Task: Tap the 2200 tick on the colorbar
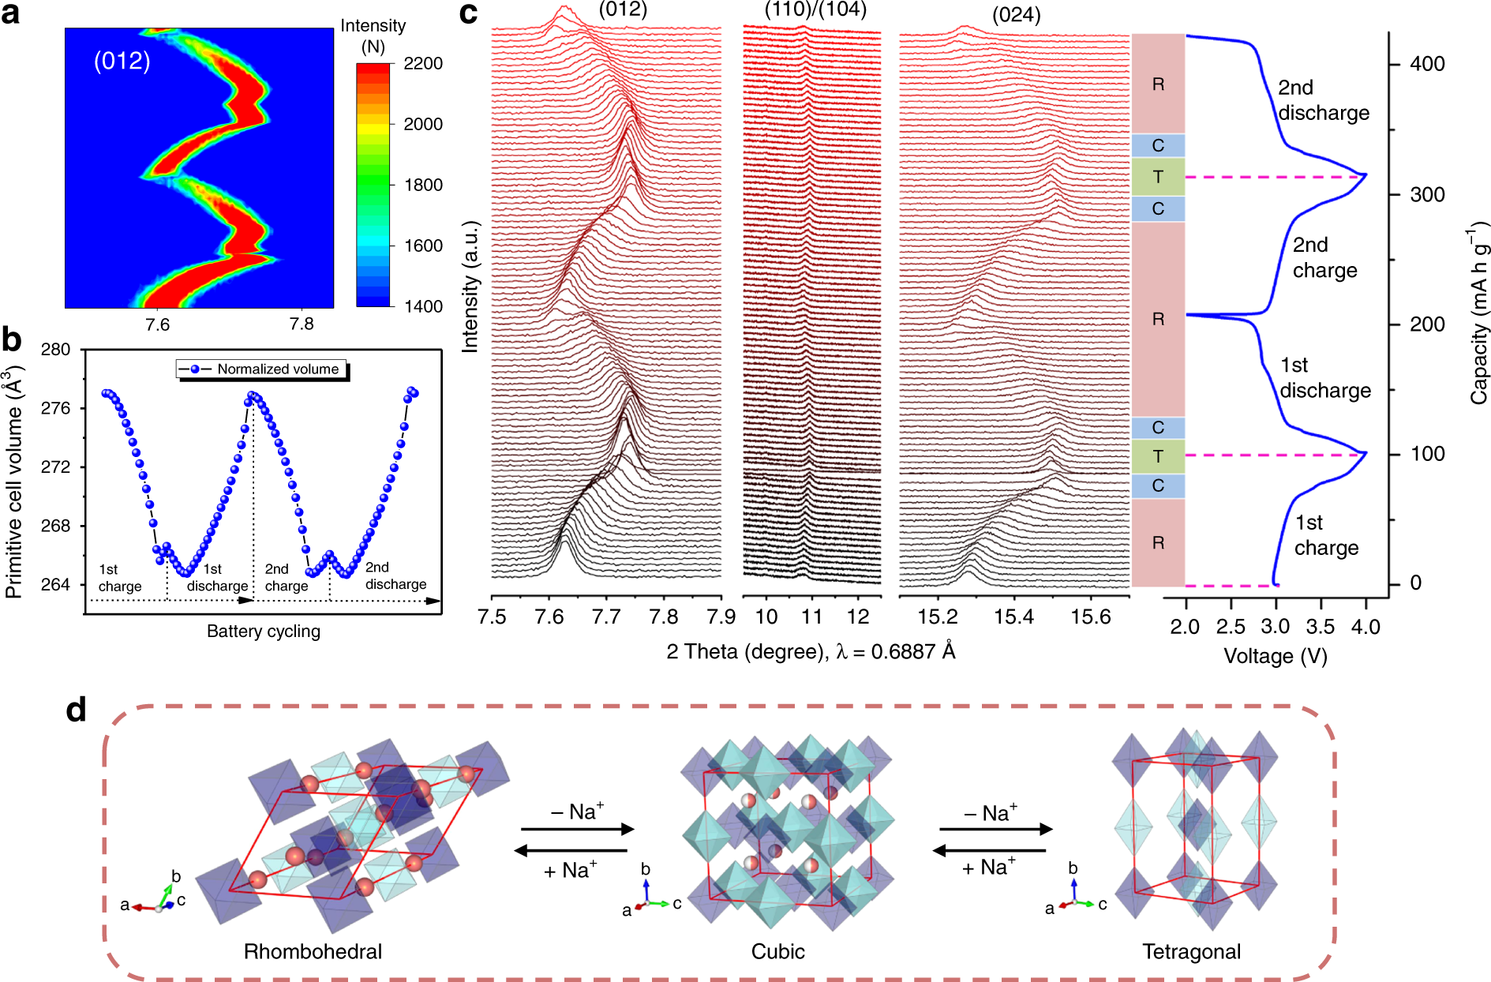(422, 63)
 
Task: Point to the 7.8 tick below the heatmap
(301, 324)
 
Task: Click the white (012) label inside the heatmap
(122, 61)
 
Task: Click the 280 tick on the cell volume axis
(55, 349)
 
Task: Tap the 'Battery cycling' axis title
(263, 631)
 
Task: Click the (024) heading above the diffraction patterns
(1016, 14)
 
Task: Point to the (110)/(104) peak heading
(815, 9)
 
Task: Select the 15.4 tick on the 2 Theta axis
(1013, 617)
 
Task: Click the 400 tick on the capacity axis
(1427, 64)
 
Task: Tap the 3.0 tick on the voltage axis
(1276, 627)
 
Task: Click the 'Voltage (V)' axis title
(1275, 656)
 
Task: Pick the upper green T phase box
(1158, 177)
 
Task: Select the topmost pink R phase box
(1158, 84)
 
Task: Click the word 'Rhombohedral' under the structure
(313, 951)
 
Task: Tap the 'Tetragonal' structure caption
(1191, 951)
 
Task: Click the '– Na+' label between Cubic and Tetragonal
(991, 812)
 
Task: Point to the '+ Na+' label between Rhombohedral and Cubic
(570, 870)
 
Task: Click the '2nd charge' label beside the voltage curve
(1324, 257)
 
